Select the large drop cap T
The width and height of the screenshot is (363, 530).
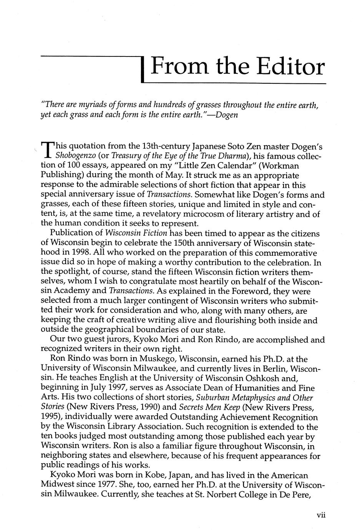pos(46,150)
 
